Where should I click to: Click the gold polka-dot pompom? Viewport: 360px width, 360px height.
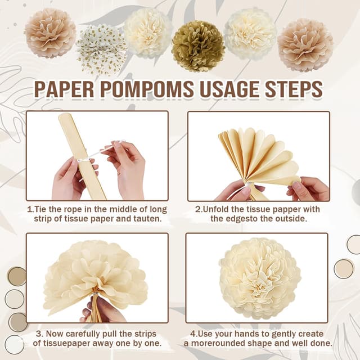[x=101, y=50]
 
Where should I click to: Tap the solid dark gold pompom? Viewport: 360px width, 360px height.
[x=198, y=46]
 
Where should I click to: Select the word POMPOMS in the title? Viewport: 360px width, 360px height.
[x=147, y=89]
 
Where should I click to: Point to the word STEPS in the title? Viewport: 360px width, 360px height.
[x=294, y=89]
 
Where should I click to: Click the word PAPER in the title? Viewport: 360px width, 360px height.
[x=64, y=89]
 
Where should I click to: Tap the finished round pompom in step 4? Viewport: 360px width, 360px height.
[x=260, y=278]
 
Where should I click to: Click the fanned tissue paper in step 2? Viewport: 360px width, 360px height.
[x=259, y=161]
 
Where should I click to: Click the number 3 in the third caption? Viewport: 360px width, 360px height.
[x=38, y=334]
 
